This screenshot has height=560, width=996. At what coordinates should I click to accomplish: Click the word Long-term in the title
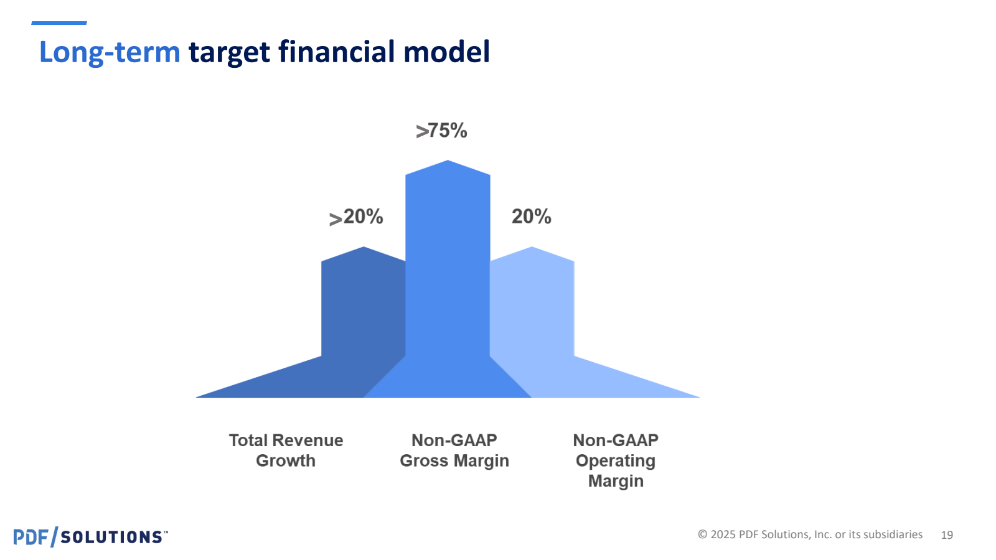[x=110, y=52]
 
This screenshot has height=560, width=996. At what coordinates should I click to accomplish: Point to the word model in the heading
[x=450, y=52]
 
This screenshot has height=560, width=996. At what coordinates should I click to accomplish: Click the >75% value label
[x=441, y=131]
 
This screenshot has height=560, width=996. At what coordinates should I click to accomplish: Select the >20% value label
[x=356, y=217]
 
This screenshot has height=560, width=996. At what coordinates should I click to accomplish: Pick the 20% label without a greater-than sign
[x=531, y=217]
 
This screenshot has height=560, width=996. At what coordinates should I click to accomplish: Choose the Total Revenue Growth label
[x=286, y=450]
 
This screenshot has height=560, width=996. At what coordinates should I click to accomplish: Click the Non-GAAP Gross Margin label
[x=454, y=450]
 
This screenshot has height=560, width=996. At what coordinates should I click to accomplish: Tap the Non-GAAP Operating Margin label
[x=616, y=460]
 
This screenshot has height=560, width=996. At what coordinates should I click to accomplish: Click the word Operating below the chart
[x=616, y=461]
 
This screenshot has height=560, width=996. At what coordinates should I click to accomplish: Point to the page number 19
[x=947, y=535]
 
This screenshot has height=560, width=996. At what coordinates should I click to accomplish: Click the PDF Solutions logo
[x=90, y=536]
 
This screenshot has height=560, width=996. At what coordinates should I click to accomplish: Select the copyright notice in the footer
[x=810, y=534]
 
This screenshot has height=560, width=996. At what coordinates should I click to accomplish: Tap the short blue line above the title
[x=59, y=23]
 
